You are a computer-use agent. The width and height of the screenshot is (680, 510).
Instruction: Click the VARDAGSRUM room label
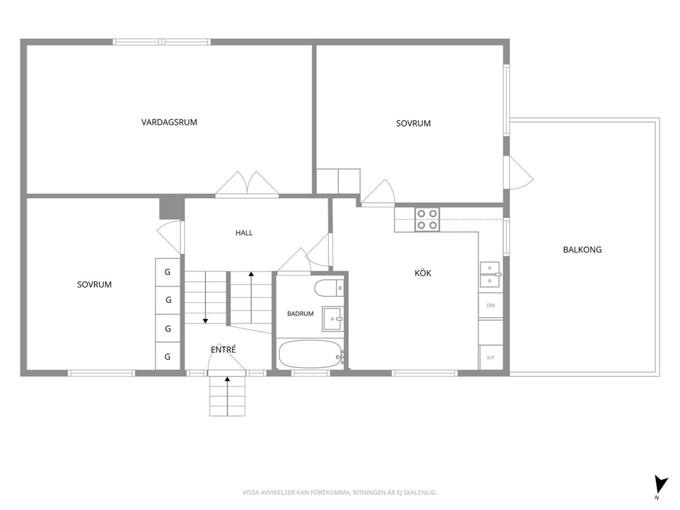[x=169, y=122]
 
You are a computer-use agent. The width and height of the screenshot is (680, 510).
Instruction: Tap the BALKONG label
[x=582, y=250]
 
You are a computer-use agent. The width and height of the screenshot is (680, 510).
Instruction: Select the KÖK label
[x=423, y=273]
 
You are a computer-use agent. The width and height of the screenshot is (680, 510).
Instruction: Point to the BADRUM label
[x=300, y=313]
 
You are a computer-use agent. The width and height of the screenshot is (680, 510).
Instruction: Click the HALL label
[x=244, y=233]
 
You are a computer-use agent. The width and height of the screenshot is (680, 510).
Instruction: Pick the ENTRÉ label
[x=223, y=350]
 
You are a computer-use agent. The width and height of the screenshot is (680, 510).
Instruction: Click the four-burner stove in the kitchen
[x=427, y=219]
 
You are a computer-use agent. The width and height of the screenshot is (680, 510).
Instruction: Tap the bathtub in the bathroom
[x=311, y=354]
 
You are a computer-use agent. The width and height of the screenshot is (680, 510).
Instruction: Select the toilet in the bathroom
[x=329, y=289]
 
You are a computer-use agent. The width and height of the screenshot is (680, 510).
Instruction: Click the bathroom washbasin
[x=333, y=319]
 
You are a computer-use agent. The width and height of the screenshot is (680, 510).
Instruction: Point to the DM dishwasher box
[x=491, y=305]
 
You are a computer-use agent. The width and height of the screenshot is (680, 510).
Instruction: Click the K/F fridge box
[x=491, y=357]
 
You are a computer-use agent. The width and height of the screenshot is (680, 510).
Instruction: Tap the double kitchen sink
[x=490, y=275]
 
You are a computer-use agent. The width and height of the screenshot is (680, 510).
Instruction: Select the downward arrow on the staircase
[x=206, y=297]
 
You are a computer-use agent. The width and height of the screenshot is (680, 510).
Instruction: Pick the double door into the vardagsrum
[x=247, y=185]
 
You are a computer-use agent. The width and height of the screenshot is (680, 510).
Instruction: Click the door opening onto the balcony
[x=520, y=173]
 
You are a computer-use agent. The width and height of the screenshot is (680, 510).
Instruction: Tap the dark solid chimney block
[x=171, y=208]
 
